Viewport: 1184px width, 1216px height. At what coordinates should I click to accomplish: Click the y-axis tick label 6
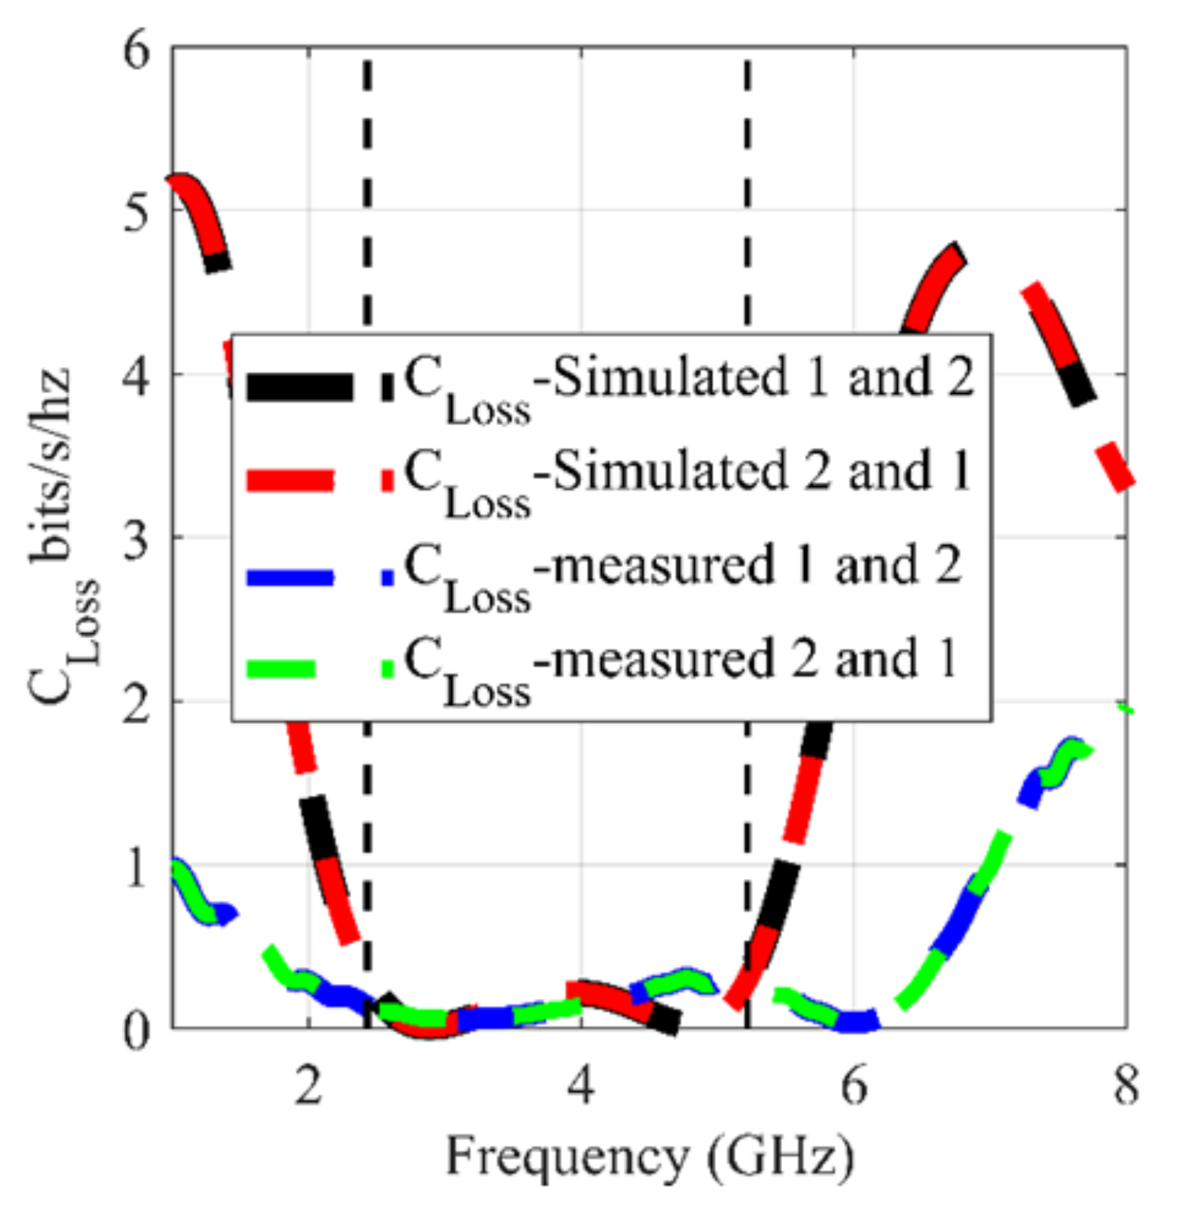pyautogui.click(x=137, y=51)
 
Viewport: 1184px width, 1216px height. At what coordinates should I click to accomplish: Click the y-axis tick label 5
pyautogui.click(x=137, y=214)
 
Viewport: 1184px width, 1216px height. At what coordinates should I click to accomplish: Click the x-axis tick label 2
pyautogui.click(x=308, y=1085)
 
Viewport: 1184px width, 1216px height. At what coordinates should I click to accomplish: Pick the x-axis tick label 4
pyautogui.click(x=581, y=1085)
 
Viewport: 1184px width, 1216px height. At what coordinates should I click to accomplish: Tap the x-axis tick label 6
pyautogui.click(x=853, y=1085)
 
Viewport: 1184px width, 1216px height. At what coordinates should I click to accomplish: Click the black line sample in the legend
pyautogui.click(x=300, y=387)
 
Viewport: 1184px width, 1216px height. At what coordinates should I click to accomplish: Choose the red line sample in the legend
pyautogui.click(x=291, y=481)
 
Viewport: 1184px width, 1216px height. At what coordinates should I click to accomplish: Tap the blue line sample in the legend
pyautogui.click(x=291, y=577)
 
